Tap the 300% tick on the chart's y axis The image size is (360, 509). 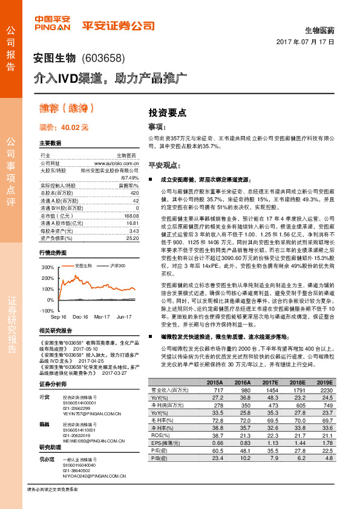[x=48, y=267]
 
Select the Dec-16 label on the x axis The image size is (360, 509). [x=80, y=316]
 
